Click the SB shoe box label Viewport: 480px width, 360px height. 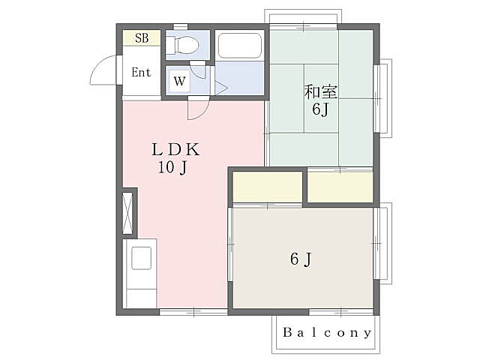142,38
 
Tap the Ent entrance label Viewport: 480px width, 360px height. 141,72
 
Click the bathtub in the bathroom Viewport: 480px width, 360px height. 240,45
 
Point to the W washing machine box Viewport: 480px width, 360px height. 179,81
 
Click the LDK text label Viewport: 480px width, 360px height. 175,150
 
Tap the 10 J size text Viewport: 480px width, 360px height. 172,167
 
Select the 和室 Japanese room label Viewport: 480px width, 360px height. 320,91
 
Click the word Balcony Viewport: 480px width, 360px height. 327,332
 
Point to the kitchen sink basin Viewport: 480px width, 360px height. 141,258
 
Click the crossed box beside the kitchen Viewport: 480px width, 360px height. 127,213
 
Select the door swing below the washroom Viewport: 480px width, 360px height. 198,108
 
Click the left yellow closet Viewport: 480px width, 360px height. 268,187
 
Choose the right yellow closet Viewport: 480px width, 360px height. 340,187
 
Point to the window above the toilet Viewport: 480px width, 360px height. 181,27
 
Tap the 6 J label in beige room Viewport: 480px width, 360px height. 301,259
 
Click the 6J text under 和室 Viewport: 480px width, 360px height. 320,109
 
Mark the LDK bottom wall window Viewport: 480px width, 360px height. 193,312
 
